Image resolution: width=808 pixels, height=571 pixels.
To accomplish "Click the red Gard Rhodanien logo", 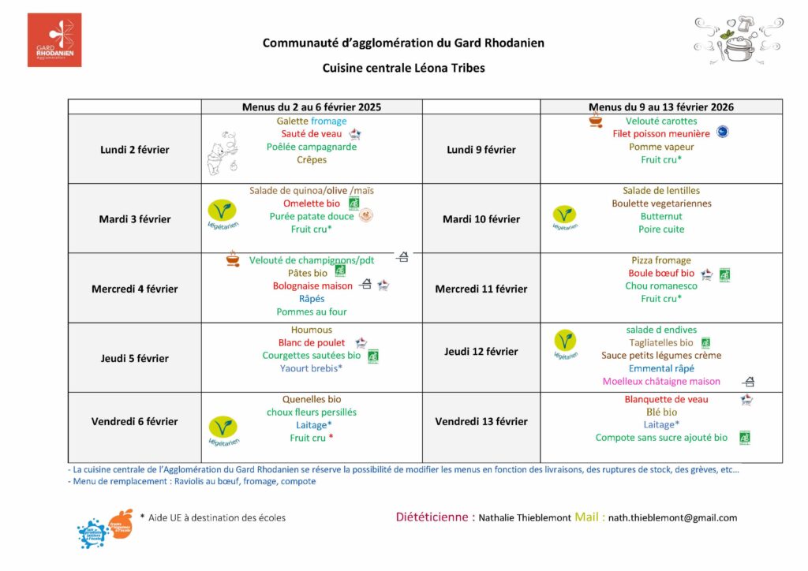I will coord(54,40).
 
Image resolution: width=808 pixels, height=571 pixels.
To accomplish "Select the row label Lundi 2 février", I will coord(134,150).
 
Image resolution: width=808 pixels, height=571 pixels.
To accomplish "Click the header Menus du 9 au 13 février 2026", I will coord(661,106).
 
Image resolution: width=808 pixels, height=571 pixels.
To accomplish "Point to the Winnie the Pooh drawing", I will coord(220,152).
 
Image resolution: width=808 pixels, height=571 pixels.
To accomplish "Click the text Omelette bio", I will coord(305,203).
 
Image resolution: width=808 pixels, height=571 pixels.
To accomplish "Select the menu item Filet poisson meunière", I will coord(661,134).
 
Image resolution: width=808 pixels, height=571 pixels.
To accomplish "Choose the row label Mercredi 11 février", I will coord(481,289).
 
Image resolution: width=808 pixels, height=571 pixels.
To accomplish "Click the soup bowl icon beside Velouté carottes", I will coord(597,121).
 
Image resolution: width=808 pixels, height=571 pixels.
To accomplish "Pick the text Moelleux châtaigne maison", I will coord(661,382).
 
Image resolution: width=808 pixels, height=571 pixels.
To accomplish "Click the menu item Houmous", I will coord(312,330).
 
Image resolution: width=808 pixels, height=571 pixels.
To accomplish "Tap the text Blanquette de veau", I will coord(666,399).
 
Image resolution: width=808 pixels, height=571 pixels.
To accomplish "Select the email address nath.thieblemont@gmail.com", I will coord(672,518).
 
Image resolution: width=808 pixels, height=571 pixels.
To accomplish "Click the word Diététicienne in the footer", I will coord(435,517).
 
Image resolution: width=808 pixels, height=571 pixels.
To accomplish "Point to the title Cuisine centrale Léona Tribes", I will coord(403,68).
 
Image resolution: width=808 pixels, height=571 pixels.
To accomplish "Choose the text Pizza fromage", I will coord(661,260).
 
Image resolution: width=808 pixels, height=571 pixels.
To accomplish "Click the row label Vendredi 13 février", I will coord(481,421).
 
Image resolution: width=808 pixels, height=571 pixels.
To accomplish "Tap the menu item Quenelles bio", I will coord(312,399).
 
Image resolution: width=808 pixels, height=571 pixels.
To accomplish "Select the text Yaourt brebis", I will coord(311,368).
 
